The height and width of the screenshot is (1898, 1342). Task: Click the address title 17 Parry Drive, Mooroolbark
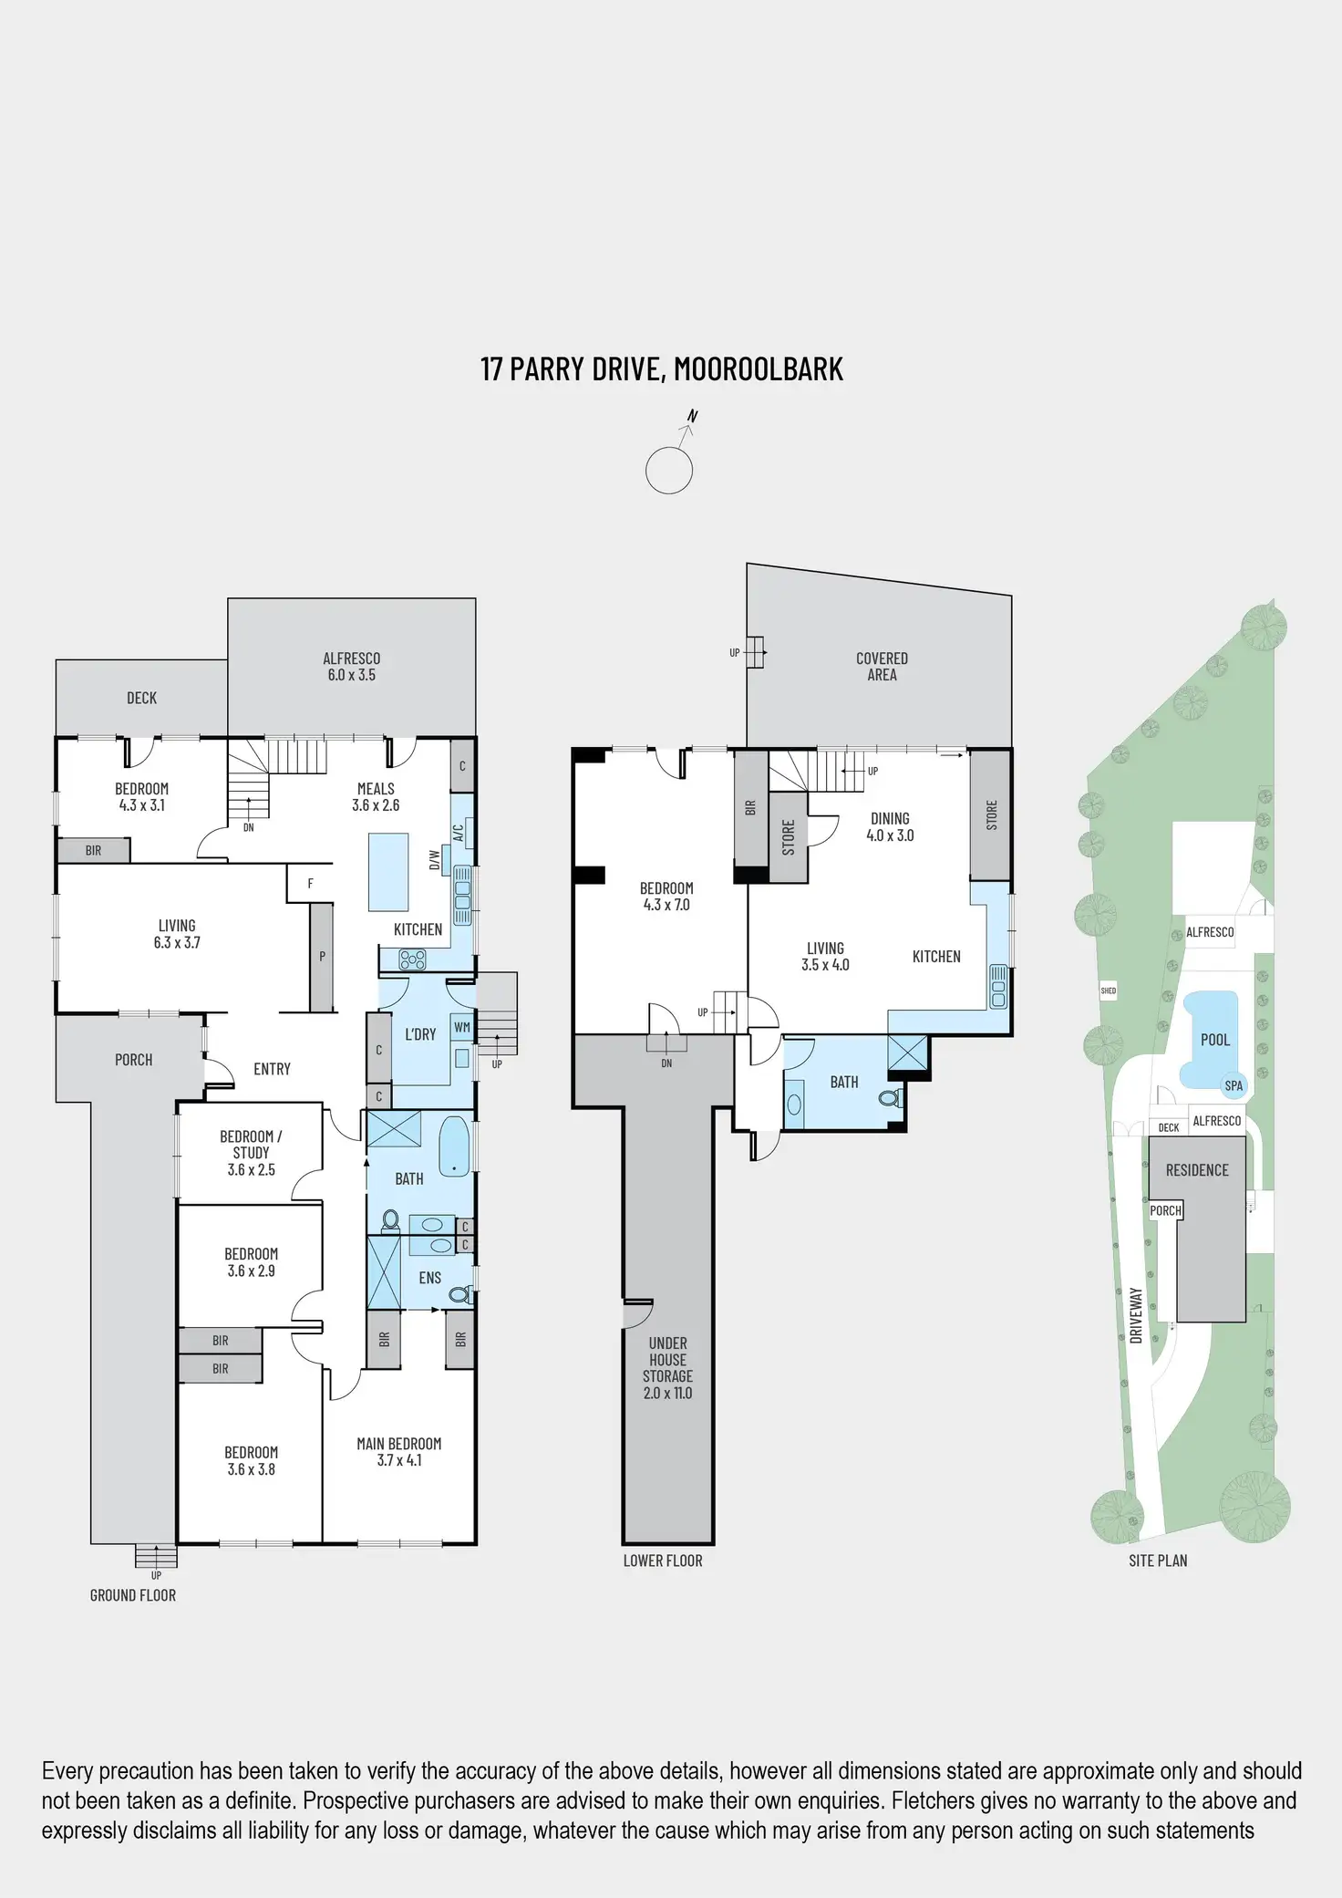[662, 368]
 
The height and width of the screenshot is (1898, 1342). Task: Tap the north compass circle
[668, 471]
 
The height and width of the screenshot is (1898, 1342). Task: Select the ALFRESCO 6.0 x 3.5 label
[351, 667]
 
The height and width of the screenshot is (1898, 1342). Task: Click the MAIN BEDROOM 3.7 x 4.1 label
[398, 1451]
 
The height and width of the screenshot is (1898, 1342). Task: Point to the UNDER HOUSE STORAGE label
[667, 1367]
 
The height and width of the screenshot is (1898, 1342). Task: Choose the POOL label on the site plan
[1214, 1040]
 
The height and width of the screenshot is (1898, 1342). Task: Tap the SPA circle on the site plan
[1234, 1085]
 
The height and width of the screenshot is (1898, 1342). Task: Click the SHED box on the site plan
[1109, 990]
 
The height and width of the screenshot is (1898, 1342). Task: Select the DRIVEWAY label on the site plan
[1136, 1315]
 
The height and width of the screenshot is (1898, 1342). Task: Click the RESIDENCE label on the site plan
[1197, 1170]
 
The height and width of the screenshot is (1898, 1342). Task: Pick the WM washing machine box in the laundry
[462, 1027]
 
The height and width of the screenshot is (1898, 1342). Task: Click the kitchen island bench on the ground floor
[388, 871]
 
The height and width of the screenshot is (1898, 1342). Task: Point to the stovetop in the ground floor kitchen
[413, 959]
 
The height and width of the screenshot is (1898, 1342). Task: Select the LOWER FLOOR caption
[663, 1561]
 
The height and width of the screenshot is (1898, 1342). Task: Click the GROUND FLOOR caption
[133, 1595]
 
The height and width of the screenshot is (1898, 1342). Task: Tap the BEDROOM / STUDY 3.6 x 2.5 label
[251, 1153]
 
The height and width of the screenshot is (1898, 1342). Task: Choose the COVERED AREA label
[882, 667]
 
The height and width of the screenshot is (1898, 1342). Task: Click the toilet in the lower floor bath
[889, 1098]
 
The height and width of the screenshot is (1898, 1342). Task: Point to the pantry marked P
[321, 957]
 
